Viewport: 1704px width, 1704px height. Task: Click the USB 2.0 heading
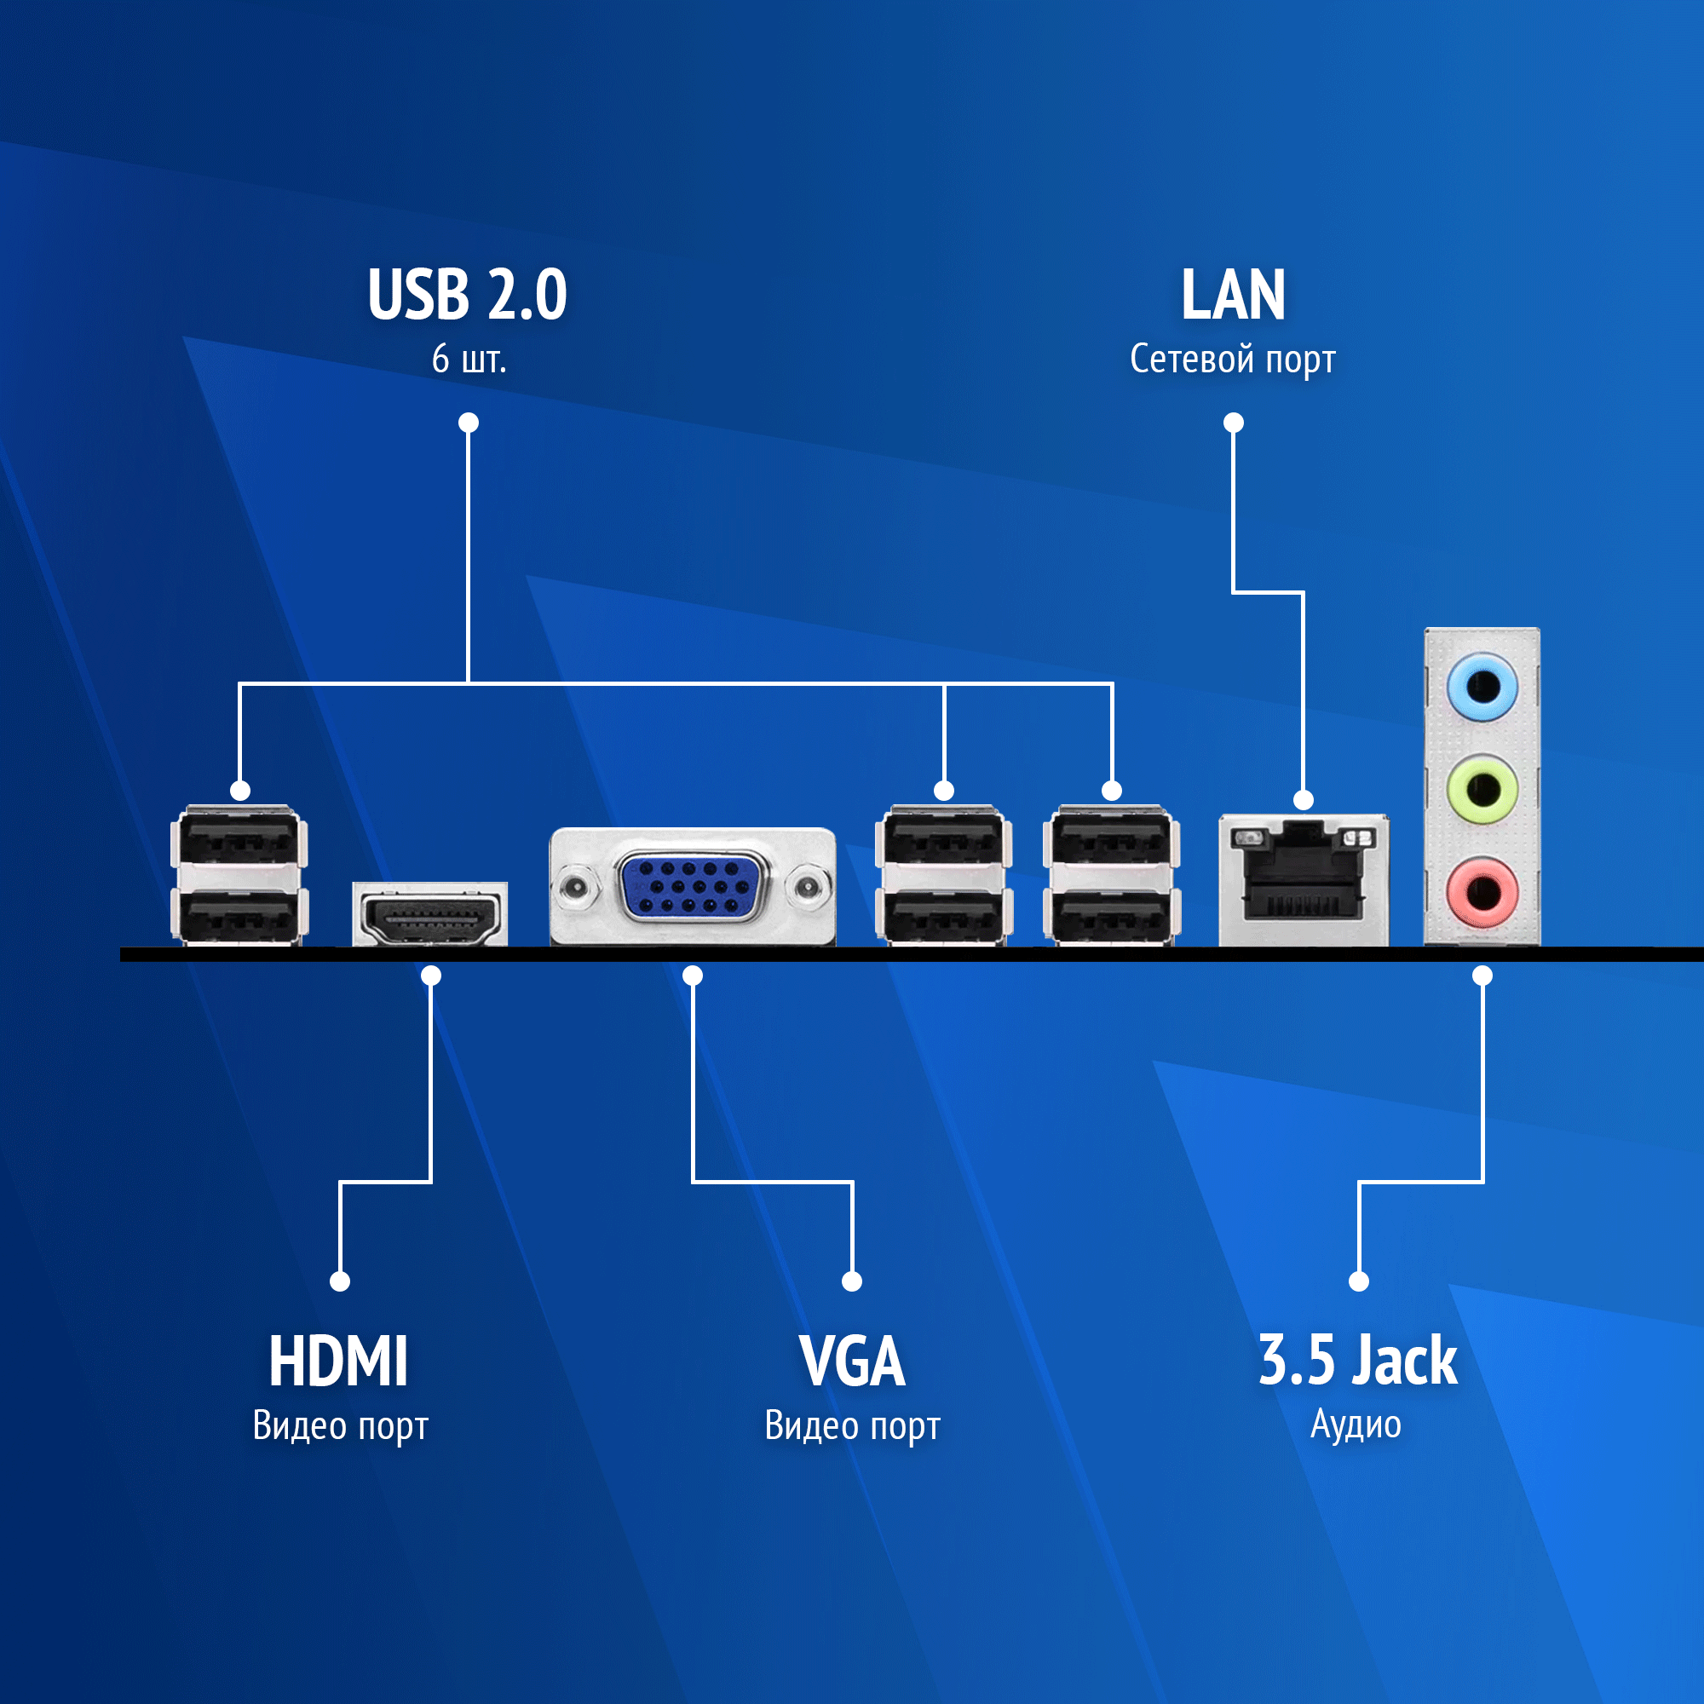click(x=468, y=295)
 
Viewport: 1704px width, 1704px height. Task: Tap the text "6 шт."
click(x=469, y=359)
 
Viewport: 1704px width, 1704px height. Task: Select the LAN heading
click(x=1232, y=295)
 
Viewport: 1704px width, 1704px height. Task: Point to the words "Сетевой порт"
click(x=1232, y=359)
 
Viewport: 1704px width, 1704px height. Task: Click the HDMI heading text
click(x=339, y=1361)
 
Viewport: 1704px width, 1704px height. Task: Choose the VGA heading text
click(x=851, y=1361)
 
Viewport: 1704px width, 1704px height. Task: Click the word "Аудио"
click(x=1356, y=1425)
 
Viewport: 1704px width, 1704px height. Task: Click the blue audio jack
click(x=1482, y=685)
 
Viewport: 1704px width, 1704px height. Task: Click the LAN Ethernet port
click(x=1303, y=882)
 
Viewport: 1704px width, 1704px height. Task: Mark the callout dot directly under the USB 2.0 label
click(x=469, y=423)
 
